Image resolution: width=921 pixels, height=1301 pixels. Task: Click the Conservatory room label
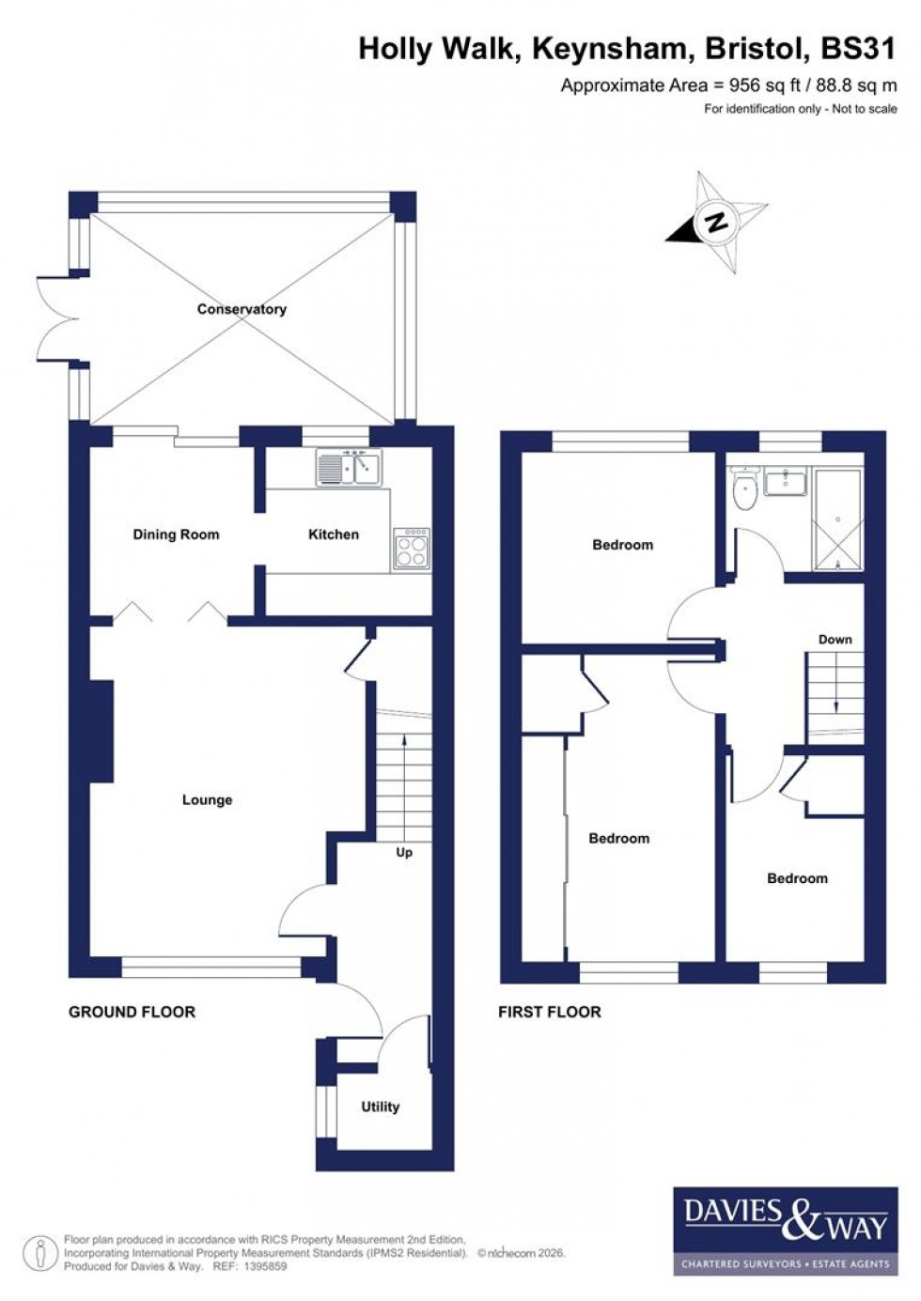coord(242,309)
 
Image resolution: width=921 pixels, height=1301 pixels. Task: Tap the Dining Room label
coord(176,534)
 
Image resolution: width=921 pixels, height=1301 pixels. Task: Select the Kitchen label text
coord(334,534)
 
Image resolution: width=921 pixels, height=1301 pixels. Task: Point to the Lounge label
coord(207,800)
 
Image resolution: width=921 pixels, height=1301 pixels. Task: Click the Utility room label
coord(380,1107)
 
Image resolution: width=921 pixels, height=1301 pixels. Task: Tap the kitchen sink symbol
coord(349,468)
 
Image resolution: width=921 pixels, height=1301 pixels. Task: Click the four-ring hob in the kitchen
coord(412,549)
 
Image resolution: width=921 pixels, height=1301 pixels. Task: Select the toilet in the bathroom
coord(745,489)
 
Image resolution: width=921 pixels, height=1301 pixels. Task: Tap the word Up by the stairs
coord(404,853)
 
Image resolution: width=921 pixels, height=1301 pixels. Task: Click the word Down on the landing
coord(835,640)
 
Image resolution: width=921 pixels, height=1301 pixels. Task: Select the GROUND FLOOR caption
coord(132,1012)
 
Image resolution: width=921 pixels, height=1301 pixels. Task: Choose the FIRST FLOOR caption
coord(549,1012)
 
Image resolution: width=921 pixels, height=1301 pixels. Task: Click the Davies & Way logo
coord(784,1231)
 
